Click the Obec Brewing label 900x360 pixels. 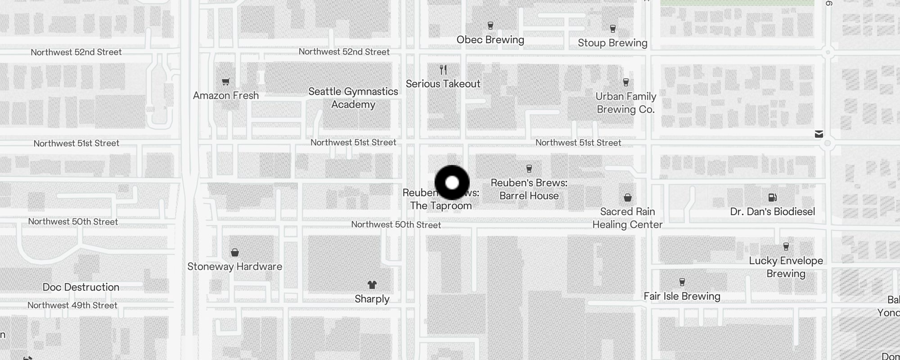[490, 40]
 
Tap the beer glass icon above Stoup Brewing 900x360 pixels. [612, 29]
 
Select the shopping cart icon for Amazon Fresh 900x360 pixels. [226, 81]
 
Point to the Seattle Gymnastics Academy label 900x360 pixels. [353, 98]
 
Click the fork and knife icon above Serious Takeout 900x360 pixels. [443, 70]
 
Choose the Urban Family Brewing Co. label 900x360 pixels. [625, 103]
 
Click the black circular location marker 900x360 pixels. [452, 183]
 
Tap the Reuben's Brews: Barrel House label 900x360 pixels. [529, 189]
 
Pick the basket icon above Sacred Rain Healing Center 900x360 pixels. [628, 198]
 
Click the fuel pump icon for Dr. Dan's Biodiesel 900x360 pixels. [772, 197]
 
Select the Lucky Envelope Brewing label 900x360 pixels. [786, 267]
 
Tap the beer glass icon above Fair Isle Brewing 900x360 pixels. [682, 282]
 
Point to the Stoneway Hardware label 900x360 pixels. [234, 266]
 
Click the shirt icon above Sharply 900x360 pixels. [372, 285]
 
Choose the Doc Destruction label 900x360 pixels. [81, 287]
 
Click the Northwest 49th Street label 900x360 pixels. [72, 305]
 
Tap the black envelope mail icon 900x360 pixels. [819, 134]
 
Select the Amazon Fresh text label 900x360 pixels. [226, 95]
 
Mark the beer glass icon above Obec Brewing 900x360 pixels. [490, 26]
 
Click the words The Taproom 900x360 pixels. [441, 206]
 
